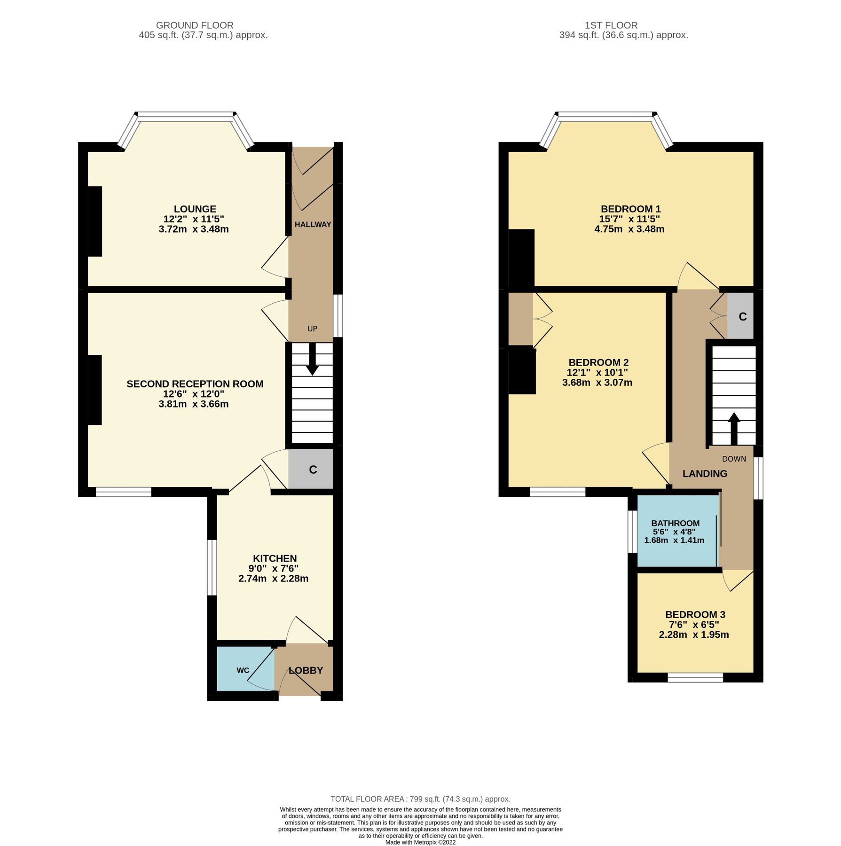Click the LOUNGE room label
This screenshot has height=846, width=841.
[x=195, y=209]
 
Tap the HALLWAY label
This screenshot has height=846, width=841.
[x=313, y=225]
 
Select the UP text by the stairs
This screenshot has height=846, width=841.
[x=312, y=329]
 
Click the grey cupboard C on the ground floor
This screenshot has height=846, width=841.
[x=312, y=470]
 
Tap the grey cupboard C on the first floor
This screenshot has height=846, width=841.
[x=742, y=317]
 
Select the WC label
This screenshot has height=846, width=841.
[x=243, y=670]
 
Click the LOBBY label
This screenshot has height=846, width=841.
[x=306, y=671]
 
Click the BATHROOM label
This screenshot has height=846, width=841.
[x=675, y=523]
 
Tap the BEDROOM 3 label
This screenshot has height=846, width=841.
[x=695, y=614]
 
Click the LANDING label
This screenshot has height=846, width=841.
[x=705, y=474]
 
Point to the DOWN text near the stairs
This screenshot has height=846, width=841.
[x=734, y=459]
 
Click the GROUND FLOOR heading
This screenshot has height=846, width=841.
[x=195, y=25]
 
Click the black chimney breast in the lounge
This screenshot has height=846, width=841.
[x=95, y=221]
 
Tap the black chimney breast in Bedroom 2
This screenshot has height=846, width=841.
[x=522, y=371]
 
